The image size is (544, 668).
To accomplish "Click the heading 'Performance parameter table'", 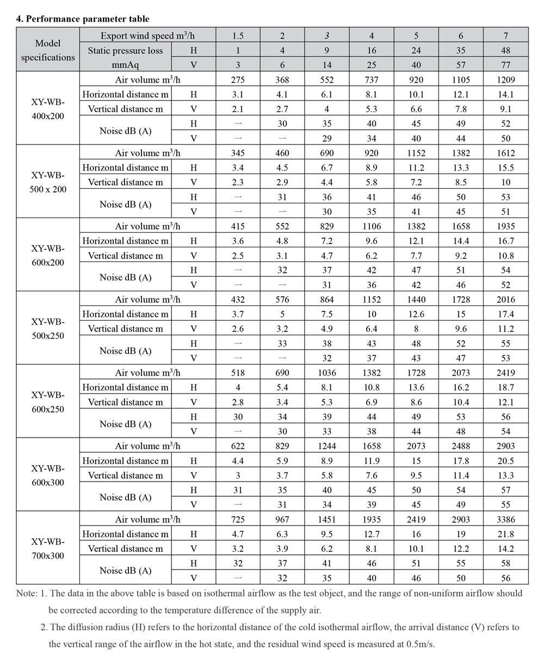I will pos(87,18).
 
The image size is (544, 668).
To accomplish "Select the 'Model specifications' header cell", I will pos(48,50).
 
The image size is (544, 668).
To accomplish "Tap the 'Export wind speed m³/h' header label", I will pos(147,36).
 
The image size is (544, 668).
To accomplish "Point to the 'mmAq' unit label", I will pos(126,65).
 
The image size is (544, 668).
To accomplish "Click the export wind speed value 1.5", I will pos(238,36).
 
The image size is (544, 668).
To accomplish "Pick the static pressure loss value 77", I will pos(505,65).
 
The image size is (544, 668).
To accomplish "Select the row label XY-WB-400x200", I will pos(48,109).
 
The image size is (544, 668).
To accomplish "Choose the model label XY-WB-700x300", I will pos(48,549).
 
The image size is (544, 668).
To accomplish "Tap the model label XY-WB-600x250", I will pos(48,402).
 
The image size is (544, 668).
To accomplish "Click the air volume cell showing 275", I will pos(238,79).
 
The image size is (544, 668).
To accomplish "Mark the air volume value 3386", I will pos(505,520).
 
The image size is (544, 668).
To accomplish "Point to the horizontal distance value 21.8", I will pos(505,534).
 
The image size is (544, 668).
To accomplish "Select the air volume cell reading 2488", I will pos(461,446).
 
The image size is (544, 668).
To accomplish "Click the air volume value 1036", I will pos(327,373).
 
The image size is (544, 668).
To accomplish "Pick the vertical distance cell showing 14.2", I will pos(505,549).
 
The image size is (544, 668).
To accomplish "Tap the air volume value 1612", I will pos(505,153).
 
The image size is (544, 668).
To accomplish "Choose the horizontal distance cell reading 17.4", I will pos(505,314).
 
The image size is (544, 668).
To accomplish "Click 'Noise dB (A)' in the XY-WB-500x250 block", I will pos(125,351).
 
